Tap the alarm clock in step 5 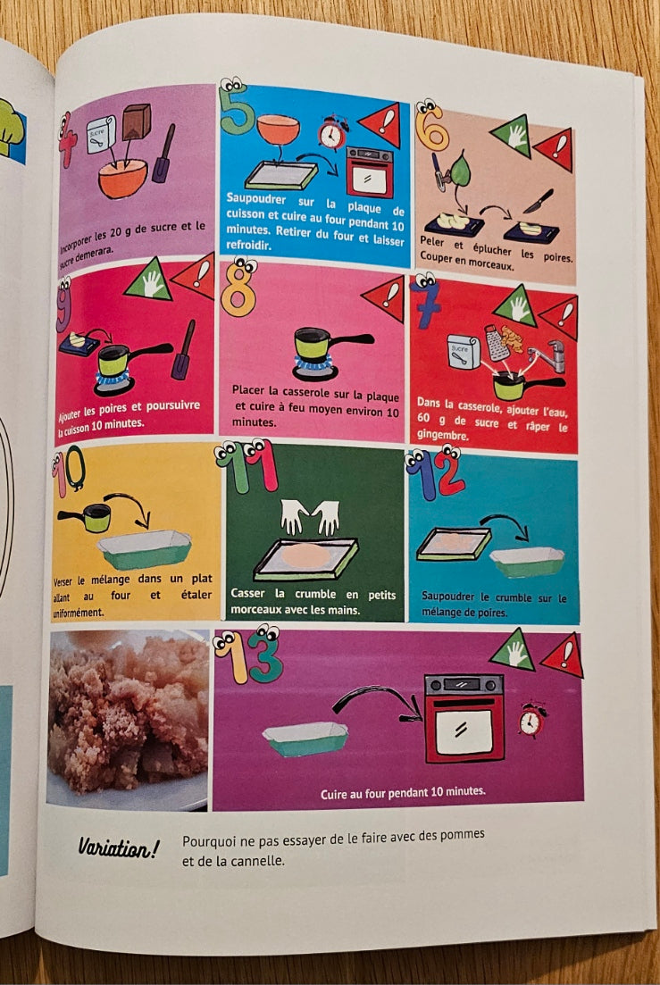pyautogui.click(x=332, y=132)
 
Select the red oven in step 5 pyautogui.click(x=370, y=172)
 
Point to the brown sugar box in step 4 pyautogui.click(x=137, y=121)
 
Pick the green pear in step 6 pyautogui.click(x=460, y=169)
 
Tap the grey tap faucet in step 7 pyautogui.click(x=546, y=355)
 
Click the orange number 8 pyautogui.click(x=239, y=288)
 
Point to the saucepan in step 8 pyautogui.click(x=330, y=343)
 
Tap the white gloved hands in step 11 pyautogui.click(x=310, y=516)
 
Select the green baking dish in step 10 pyautogui.click(x=145, y=549)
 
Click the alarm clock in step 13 pyautogui.click(x=531, y=721)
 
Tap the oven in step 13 pyautogui.click(x=464, y=718)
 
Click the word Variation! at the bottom pyautogui.click(x=119, y=848)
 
